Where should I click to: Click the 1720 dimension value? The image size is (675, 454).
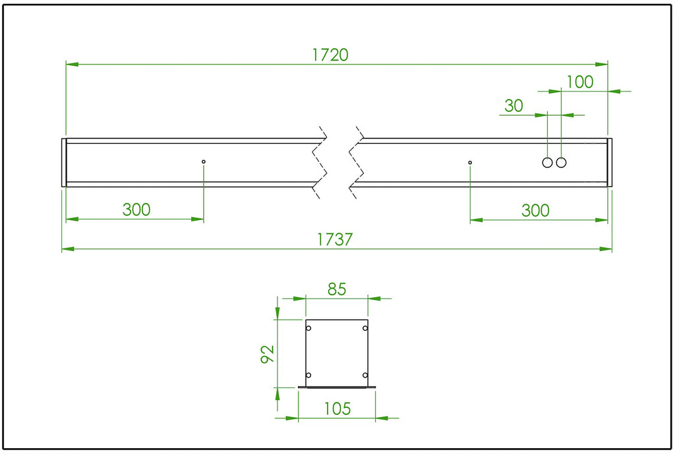pos(330,55)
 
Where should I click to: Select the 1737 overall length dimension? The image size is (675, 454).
pos(335,240)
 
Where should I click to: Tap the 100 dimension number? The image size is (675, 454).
pos(579,82)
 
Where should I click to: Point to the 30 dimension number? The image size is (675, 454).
pos(514,105)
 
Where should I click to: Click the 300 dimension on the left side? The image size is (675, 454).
pos(136,210)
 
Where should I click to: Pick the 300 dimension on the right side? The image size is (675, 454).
pos(535,210)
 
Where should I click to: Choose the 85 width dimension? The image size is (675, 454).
pos(336,289)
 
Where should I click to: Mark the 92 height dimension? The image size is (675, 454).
pos(268,353)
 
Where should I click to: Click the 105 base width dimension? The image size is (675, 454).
pos(337,409)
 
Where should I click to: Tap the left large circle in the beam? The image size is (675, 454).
pos(547,162)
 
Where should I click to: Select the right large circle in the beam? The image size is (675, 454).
pos(561,162)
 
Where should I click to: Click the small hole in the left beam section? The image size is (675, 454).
pos(204,161)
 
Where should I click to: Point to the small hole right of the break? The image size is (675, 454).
pos(470,162)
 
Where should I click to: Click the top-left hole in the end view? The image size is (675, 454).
pos(308,328)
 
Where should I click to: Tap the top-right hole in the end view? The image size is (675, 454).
pos(365,328)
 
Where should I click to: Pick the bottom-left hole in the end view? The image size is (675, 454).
pos(308,375)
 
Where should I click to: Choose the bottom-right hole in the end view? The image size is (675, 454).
pos(365,375)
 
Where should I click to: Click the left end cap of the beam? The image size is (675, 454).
pos(64,162)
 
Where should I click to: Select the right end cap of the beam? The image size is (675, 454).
pos(610,162)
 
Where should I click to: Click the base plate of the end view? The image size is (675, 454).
pos(337,387)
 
